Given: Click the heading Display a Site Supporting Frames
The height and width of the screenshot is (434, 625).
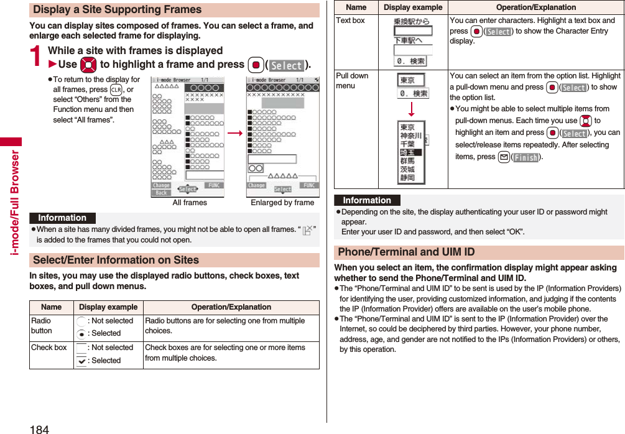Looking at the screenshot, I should pyautogui.click(x=118, y=10).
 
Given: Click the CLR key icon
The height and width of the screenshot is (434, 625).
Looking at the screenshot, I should pyautogui.click(x=114, y=90).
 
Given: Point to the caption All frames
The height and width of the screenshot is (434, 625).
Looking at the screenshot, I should pyautogui.click(x=190, y=203).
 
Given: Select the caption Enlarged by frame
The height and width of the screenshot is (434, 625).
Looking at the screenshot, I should pyautogui.click(x=282, y=203).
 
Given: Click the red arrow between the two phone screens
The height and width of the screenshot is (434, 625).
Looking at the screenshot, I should pyautogui.click(x=235, y=133).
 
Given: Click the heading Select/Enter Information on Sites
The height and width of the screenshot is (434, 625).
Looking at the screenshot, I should pyautogui.click(x=116, y=260).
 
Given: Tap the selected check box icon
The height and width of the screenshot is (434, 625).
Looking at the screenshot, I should pyautogui.click(x=81, y=361).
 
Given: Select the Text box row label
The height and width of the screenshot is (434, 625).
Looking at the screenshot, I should pyautogui.click(x=350, y=21).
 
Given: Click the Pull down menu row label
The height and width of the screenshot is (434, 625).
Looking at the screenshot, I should pyautogui.click(x=352, y=81).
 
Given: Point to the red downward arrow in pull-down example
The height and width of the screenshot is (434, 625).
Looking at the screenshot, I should pyautogui.click(x=411, y=110).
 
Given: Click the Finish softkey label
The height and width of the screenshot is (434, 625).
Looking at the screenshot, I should pyautogui.click(x=525, y=157).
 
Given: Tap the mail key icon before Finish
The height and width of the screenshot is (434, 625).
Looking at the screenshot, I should pyautogui.click(x=503, y=157).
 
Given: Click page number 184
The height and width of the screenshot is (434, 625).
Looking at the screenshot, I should pyautogui.click(x=39, y=428).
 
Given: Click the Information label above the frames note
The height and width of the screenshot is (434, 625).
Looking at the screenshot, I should pyautogui.click(x=62, y=218).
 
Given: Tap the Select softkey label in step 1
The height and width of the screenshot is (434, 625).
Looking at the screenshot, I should pyautogui.click(x=287, y=65).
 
